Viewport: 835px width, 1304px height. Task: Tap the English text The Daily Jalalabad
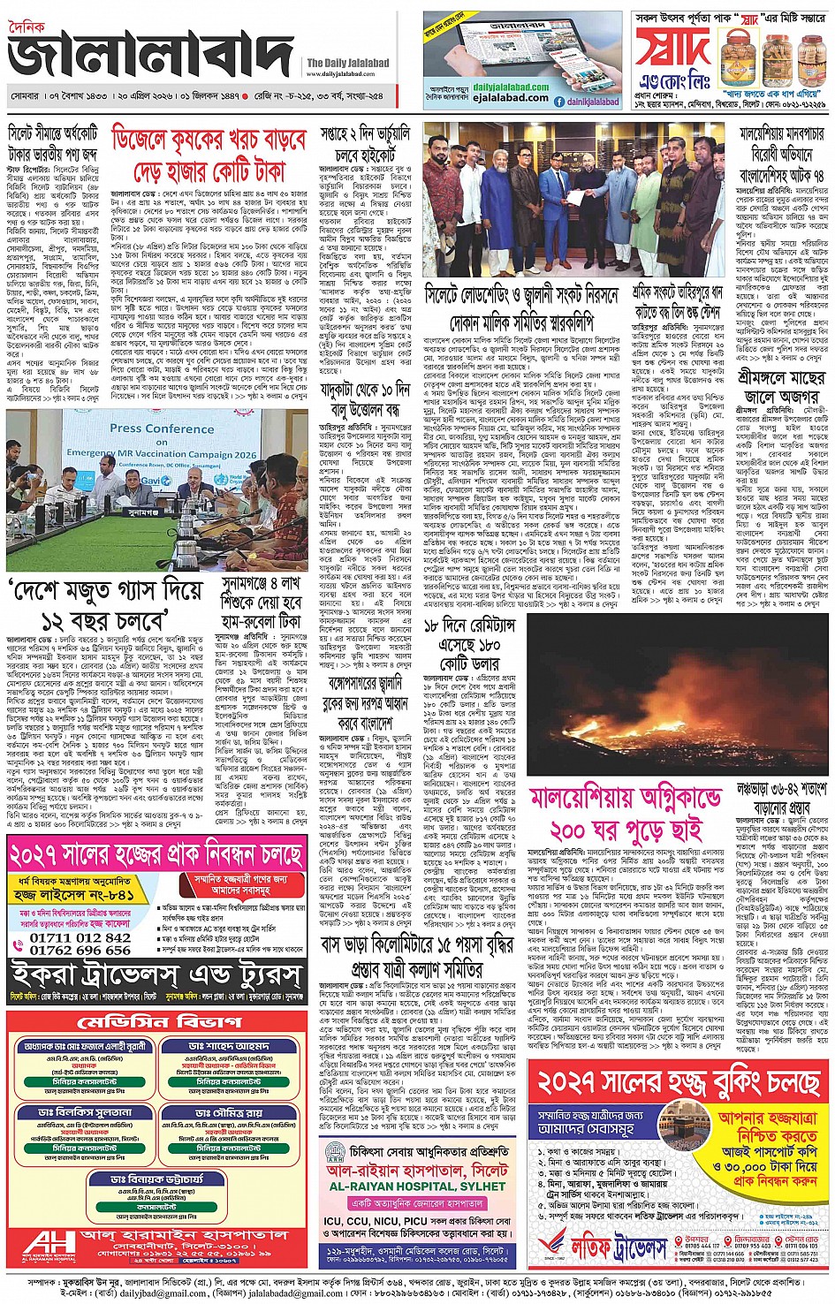(347, 63)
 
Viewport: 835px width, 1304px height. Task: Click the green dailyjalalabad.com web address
(510, 87)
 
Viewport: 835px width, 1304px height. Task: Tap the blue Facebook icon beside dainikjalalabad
(559, 102)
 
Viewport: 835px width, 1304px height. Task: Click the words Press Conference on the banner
(162, 428)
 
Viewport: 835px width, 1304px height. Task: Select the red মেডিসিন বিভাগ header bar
(158, 1022)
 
